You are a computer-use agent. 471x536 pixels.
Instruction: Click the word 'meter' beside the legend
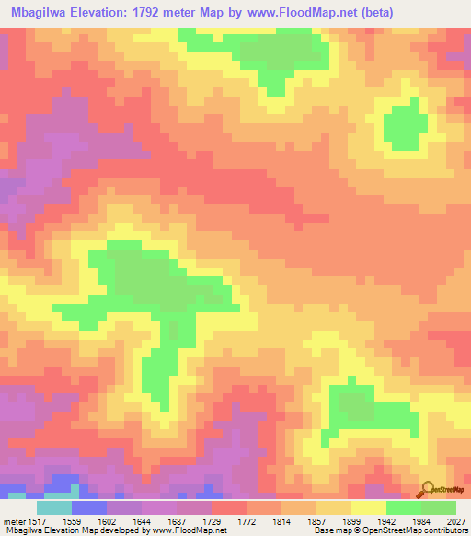tap(11, 520)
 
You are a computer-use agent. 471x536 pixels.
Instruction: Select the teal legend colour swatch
tap(54, 507)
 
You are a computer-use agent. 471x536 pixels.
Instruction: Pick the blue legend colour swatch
tap(89, 507)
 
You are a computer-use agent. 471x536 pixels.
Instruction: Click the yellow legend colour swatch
tap(369, 507)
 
